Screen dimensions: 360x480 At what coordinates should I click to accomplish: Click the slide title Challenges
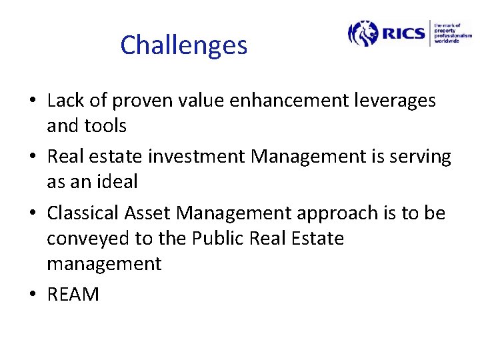coord(183,45)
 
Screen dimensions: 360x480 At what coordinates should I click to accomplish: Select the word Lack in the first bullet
coord(66,101)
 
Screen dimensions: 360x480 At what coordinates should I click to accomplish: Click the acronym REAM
coord(73,295)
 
